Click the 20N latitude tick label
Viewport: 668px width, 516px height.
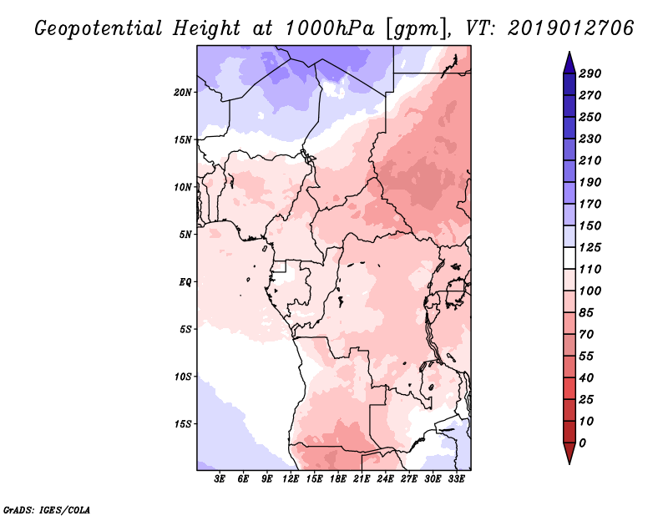[x=184, y=92]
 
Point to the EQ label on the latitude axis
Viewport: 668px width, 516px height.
[x=185, y=281]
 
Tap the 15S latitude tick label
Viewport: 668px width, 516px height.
[x=184, y=423]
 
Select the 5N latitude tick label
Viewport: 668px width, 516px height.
[x=185, y=234]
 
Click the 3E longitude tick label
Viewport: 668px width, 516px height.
[x=220, y=480]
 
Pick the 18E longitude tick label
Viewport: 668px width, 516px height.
[x=338, y=480]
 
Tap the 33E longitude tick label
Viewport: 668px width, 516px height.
[x=456, y=480]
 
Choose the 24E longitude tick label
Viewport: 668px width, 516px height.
[x=385, y=480]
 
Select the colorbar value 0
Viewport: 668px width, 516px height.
[x=582, y=443]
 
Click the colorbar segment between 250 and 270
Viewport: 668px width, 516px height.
[x=568, y=106]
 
